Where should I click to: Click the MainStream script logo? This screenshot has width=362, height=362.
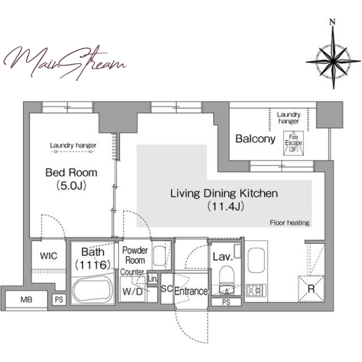pos(65,62)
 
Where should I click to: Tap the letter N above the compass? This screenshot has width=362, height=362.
pos(333,22)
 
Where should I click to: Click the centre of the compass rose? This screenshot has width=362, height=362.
pos(333,61)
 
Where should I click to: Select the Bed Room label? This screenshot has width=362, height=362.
pos(71,173)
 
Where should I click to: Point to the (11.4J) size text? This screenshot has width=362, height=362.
pos(225,206)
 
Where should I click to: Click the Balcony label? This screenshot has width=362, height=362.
pos(255,139)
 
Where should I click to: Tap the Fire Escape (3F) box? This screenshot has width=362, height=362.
pos(293,143)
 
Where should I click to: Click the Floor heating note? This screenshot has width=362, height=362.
pos(290,223)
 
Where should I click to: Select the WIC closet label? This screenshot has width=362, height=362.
pos(48,256)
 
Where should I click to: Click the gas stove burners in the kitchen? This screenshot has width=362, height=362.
pos(256,290)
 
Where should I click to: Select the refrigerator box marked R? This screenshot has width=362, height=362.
pos(311,289)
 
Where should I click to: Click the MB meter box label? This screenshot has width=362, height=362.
pos(26,300)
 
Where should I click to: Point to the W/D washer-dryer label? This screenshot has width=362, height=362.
pos(133,291)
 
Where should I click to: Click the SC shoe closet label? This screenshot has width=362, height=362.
pos(167,289)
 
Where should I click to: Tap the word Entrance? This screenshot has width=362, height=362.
pos(191,291)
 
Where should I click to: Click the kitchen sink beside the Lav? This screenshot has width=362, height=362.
pos(256,261)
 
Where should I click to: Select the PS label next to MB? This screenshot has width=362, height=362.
pos(59,300)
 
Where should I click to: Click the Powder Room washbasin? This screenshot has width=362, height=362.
pos(159,256)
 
